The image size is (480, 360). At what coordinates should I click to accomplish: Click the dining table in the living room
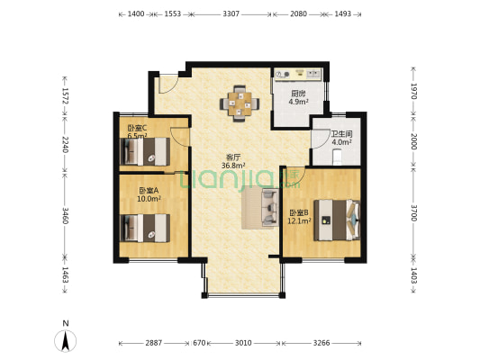click(240, 103)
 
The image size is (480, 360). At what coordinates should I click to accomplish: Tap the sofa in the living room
click(269, 208)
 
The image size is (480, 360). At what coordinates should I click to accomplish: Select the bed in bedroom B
click(337, 220)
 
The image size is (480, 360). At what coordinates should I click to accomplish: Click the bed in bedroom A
click(145, 229)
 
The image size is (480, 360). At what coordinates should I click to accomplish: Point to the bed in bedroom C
click(145, 152)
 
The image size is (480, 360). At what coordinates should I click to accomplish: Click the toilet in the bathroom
click(337, 157)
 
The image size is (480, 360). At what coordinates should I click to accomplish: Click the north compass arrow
click(65, 341)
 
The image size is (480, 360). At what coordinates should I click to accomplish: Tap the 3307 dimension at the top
click(231, 14)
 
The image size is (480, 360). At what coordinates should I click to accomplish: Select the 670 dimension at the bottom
click(199, 343)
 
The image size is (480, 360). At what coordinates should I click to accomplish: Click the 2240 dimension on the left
click(65, 145)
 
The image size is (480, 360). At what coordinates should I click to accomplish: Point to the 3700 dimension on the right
click(413, 213)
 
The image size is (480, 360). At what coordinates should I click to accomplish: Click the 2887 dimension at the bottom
click(154, 343)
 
